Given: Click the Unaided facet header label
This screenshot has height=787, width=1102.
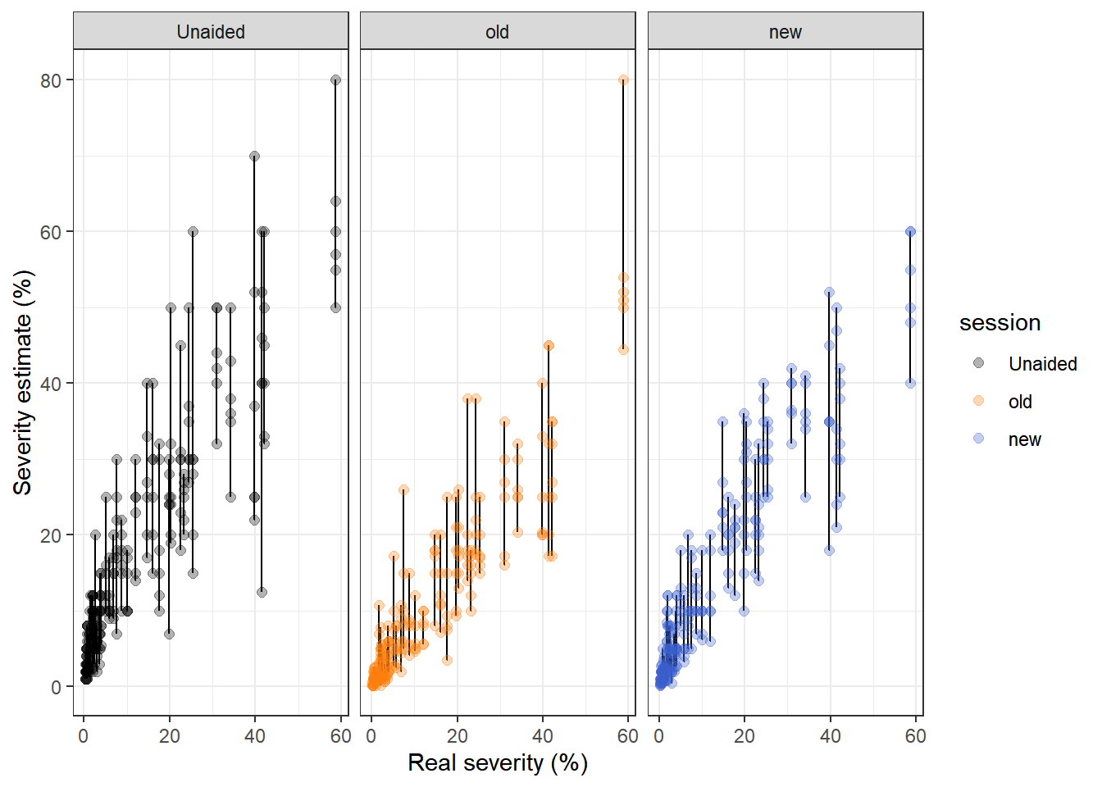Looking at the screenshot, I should [211, 32].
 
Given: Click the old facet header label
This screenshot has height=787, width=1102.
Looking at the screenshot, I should [497, 32].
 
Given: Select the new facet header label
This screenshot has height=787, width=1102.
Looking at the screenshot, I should [785, 32].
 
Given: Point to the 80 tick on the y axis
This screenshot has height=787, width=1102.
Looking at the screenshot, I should [51, 80].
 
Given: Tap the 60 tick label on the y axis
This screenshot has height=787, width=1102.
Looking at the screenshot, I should [51, 232].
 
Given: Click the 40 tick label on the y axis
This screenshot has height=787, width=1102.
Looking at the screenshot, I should [51, 384].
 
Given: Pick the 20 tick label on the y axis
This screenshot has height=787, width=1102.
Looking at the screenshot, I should [51, 535].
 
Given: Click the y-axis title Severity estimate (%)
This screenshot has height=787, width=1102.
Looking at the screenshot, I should [23, 382].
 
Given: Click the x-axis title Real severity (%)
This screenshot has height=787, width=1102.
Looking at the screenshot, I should [498, 762].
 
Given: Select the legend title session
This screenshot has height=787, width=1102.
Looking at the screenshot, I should [1000, 323].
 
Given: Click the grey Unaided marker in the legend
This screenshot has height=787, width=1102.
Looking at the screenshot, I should [978, 363].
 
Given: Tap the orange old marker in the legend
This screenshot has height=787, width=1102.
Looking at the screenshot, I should [978, 401].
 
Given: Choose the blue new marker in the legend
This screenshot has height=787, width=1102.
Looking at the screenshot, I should [978, 439].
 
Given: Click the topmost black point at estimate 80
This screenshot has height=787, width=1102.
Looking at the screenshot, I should [335, 80].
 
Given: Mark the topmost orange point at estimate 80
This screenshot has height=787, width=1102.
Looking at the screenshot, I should [623, 80].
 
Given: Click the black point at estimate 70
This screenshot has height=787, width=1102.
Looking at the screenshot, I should [254, 156].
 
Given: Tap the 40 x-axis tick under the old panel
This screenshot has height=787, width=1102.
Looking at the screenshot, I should [542, 736].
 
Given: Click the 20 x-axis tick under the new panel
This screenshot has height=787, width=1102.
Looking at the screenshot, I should [745, 736].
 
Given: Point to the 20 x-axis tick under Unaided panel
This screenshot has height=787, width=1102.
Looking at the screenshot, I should [170, 736].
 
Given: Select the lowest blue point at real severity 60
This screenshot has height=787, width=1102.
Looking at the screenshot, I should [910, 383].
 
